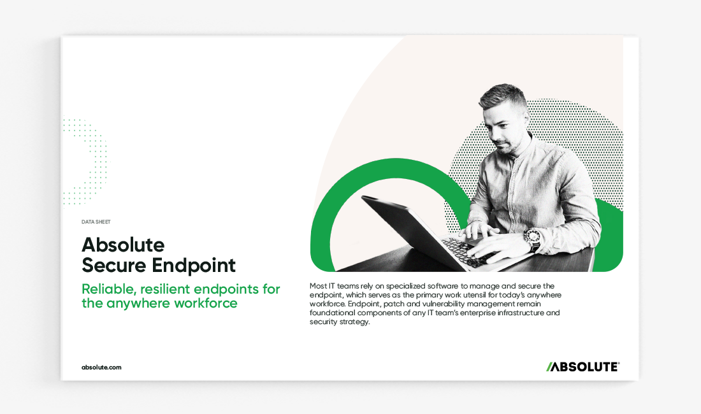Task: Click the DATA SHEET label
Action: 96,222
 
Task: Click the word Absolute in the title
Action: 123,245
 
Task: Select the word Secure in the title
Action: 113,266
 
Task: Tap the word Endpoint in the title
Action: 194,266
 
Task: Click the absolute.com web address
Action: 101,368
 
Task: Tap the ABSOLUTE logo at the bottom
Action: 582,367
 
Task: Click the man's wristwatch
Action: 533,238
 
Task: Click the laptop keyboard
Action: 470,252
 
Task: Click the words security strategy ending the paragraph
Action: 340,322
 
